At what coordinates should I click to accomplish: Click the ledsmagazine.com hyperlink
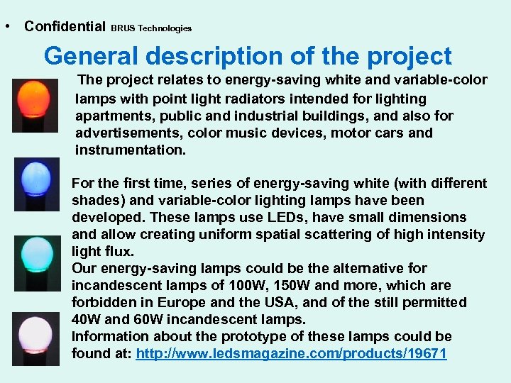pyautogui.click(x=291, y=353)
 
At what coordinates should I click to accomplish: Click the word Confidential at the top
pyautogui.click(x=65, y=26)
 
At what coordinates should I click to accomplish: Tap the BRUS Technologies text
pyautogui.click(x=151, y=28)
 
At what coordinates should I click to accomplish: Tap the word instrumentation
pyautogui.click(x=130, y=150)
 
